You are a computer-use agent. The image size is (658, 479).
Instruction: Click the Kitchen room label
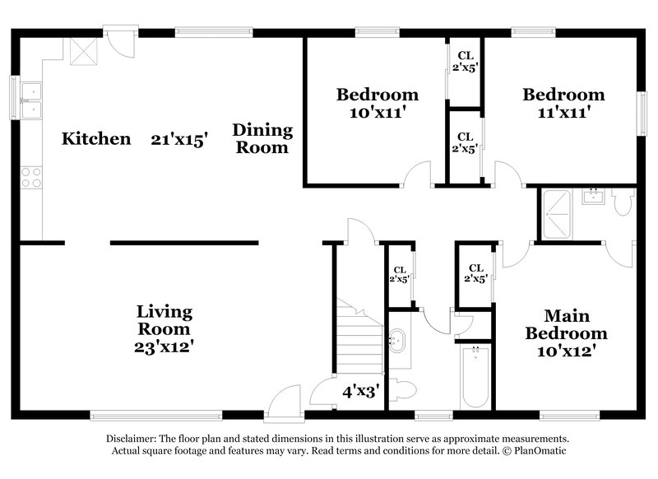pyautogui.click(x=96, y=138)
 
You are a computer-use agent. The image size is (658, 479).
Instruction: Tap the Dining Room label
pyautogui.click(x=262, y=138)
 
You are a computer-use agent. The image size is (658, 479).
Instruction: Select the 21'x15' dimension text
pyautogui.click(x=178, y=138)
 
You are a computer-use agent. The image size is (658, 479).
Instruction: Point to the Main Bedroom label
pyautogui.click(x=567, y=325)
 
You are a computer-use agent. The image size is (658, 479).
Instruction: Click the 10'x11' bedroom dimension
pyautogui.click(x=377, y=114)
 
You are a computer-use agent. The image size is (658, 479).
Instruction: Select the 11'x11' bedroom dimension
pyautogui.click(x=563, y=114)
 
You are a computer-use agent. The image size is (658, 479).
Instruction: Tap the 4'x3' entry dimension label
pyautogui.click(x=359, y=392)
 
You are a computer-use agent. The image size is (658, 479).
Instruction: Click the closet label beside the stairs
pyautogui.click(x=400, y=273)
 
